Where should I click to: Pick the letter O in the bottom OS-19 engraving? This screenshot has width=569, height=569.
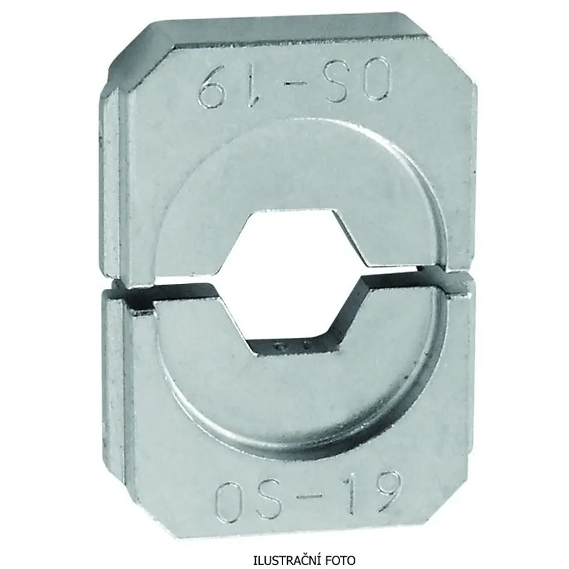(231, 500)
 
